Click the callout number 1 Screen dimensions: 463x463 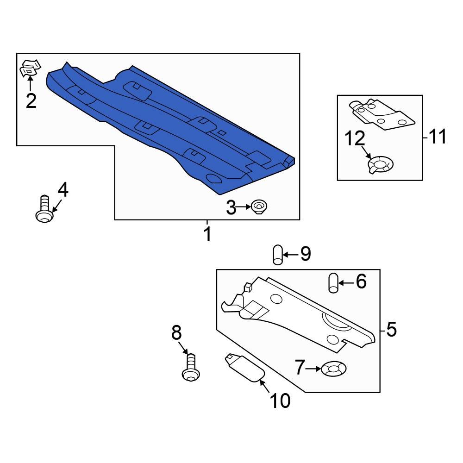tap(208, 234)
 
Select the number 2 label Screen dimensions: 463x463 tap(31, 100)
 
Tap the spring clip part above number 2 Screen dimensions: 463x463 tap(30, 68)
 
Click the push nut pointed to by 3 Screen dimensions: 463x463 tap(259, 206)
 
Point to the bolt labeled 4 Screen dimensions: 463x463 tap(44, 209)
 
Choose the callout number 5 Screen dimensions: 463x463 tap(391, 329)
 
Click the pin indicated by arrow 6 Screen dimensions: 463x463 tap(333, 283)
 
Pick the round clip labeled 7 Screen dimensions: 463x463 tap(334, 369)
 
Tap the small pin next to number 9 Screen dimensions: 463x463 tap(278, 255)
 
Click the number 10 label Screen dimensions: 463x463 tap(280, 400)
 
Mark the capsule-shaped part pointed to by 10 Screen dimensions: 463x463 tap(244, 368)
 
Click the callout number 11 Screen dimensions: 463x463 tap(438, 137)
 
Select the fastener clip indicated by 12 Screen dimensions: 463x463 tap(381, 165)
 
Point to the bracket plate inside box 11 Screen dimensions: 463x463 tap(382, 114)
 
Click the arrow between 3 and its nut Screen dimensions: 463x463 tap(244, 207)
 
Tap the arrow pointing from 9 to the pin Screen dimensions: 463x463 tap(291, 255)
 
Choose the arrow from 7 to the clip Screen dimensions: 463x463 tap(313, 369)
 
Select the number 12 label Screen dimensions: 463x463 tap(355, 138)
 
